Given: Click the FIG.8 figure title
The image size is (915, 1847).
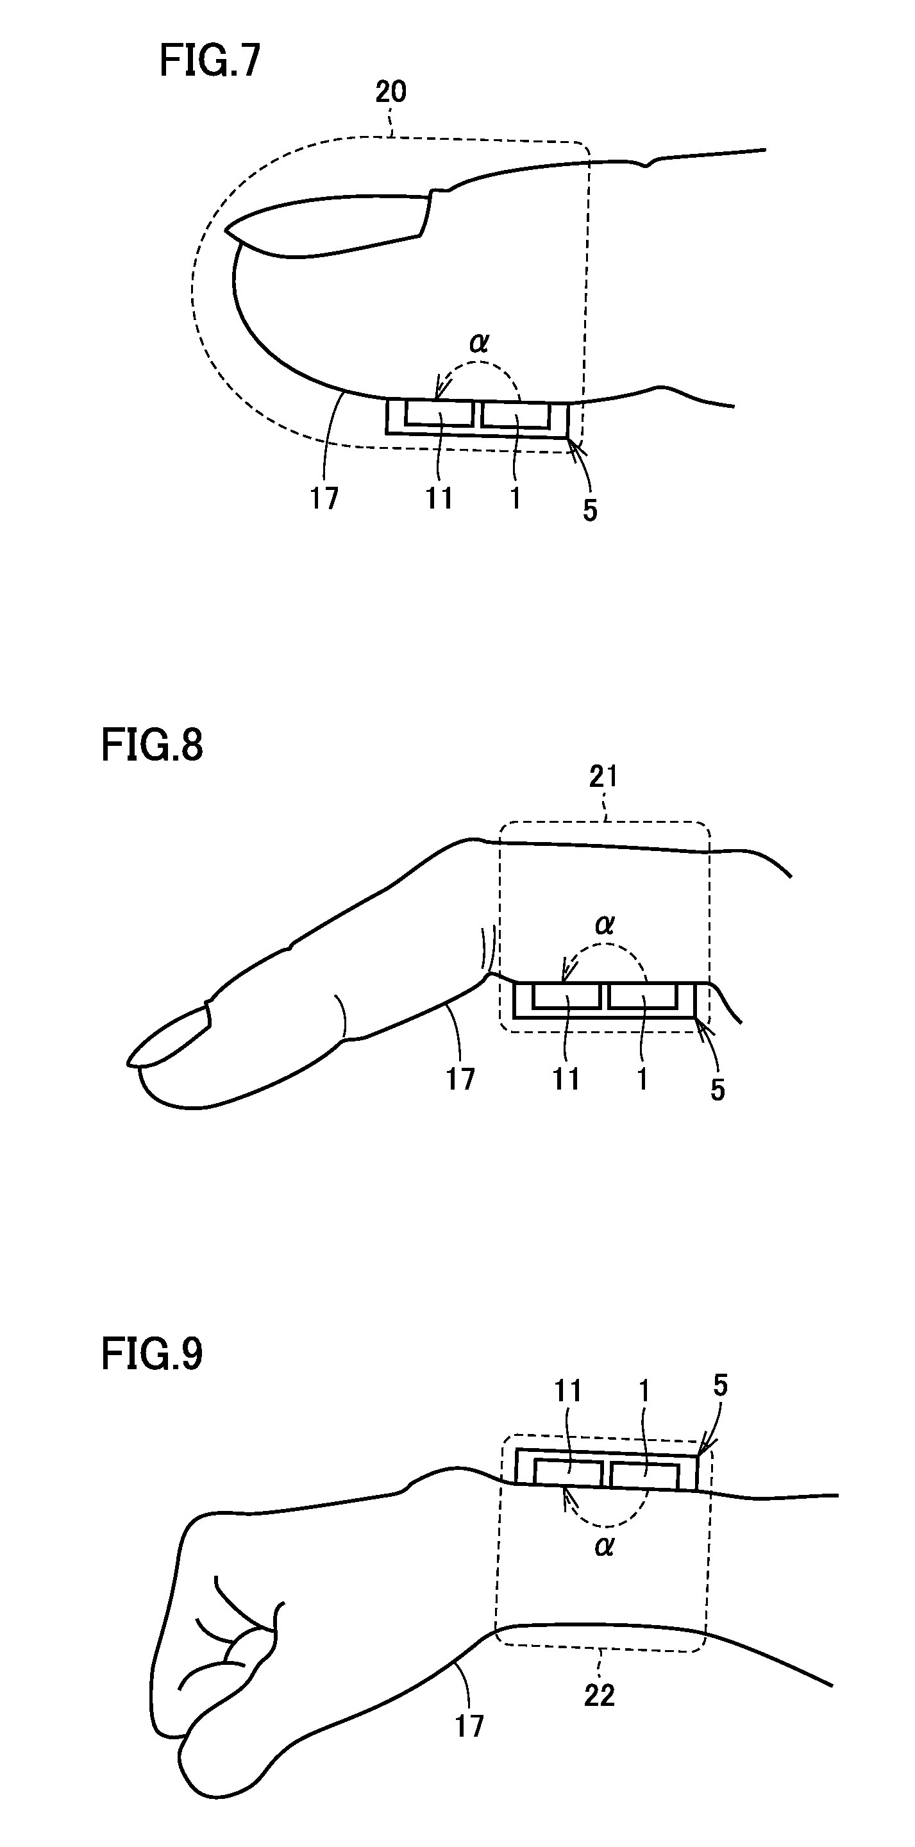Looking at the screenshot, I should (x=152, y=745).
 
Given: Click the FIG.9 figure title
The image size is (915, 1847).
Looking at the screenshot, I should (x=152, y=1354).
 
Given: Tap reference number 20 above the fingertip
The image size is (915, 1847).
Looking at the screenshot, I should (x=390, y=92).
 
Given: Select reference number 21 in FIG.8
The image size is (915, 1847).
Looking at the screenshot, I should (x=603, y=777).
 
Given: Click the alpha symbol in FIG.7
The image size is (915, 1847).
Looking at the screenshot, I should (x=479, y=344).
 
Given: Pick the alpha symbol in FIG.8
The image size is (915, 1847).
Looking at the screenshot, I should (x=605, y=925).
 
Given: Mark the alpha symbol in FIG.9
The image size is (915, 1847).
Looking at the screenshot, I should (x=605, y=1547).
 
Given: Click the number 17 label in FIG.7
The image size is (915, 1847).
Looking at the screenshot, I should (x=324, y=498).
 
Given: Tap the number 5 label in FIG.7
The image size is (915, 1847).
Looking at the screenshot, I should (x=589, y=510).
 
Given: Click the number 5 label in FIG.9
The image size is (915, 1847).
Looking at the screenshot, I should (x=720, y=1386).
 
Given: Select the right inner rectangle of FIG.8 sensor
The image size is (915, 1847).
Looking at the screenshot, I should (x=642, y=996).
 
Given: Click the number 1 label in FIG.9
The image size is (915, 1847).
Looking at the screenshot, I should (x=643, y=1391).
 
